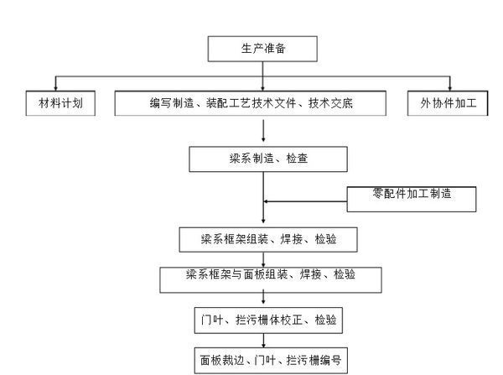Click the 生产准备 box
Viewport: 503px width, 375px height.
pos(262,48)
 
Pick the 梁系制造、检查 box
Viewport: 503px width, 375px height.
pos(262,158)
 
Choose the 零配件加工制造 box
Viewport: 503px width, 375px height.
pos(412,197)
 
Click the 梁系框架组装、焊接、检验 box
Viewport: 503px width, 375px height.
pos(264,238)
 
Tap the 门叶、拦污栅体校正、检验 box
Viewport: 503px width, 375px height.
pos(264,320)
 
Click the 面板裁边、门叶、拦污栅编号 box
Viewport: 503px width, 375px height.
pos(264,360)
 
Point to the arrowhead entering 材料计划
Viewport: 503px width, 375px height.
pos(56,87)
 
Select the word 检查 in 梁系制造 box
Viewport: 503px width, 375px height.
pos(296,158)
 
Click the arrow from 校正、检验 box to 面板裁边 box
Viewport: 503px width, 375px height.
pos(265,340)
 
